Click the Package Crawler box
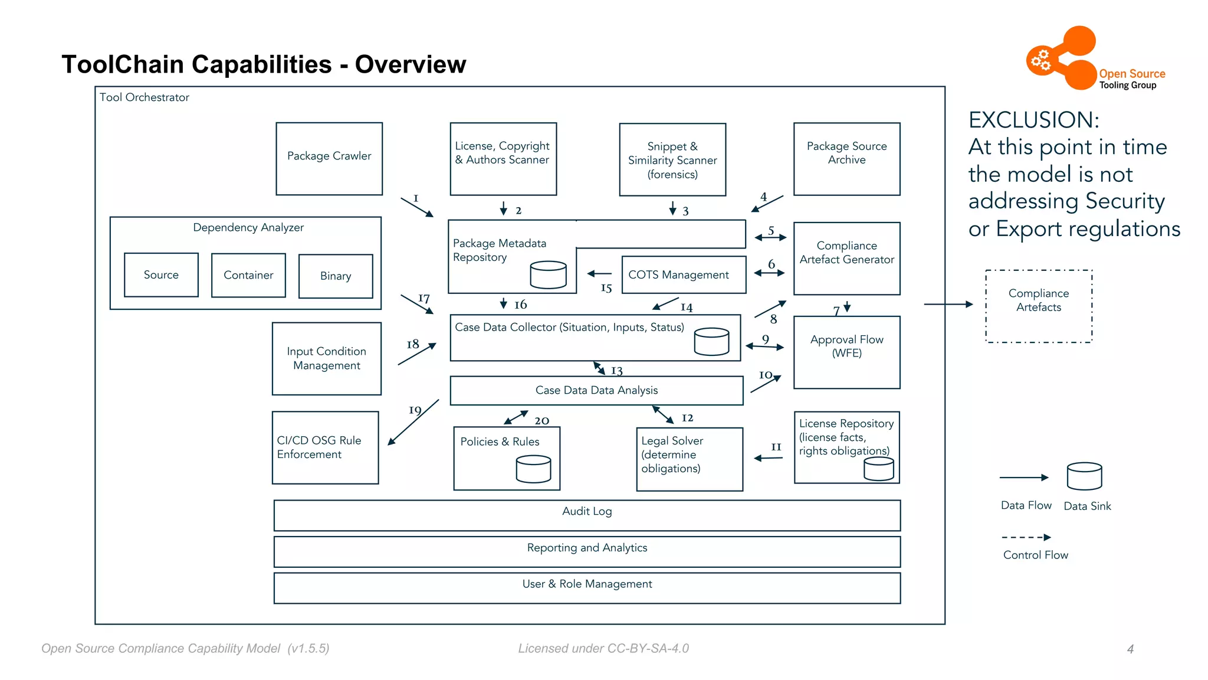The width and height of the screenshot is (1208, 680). click(x=329, y=158)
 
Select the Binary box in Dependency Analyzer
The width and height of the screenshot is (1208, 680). click(x=336, y=276)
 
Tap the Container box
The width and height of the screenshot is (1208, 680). click(x=248, y=275)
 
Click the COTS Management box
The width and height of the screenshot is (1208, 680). click(x=684, y=274)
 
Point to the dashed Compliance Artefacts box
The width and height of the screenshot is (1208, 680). click(x=1038, y=306)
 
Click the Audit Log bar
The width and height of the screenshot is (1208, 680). click(x=587, y=515)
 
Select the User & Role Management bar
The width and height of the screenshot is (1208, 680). click(x=587, y=588)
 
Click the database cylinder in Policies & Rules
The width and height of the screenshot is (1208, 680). click(x=533, y=469)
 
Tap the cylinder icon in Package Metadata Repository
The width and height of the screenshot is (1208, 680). click(x=548, y=274)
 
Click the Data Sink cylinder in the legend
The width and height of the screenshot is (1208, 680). click(x=1084, y=476)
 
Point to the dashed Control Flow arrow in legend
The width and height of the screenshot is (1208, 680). click(x=1026, y=538)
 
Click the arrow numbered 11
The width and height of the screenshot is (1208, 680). click(x=768, y=457)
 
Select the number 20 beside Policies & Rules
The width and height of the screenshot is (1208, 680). click(x=541, y=421)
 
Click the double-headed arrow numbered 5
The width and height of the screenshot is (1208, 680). click(x=770, y=237)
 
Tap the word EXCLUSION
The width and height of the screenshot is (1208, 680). click(x=1033, y=120)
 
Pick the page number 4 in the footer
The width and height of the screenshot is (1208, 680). click(x=1130, y=649)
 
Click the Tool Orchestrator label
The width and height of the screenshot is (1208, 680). click(x=144, y=97)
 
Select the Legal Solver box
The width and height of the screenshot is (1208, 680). click(x=689, y=459)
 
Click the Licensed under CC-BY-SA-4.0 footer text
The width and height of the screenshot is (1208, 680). click(x=603, y=648)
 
